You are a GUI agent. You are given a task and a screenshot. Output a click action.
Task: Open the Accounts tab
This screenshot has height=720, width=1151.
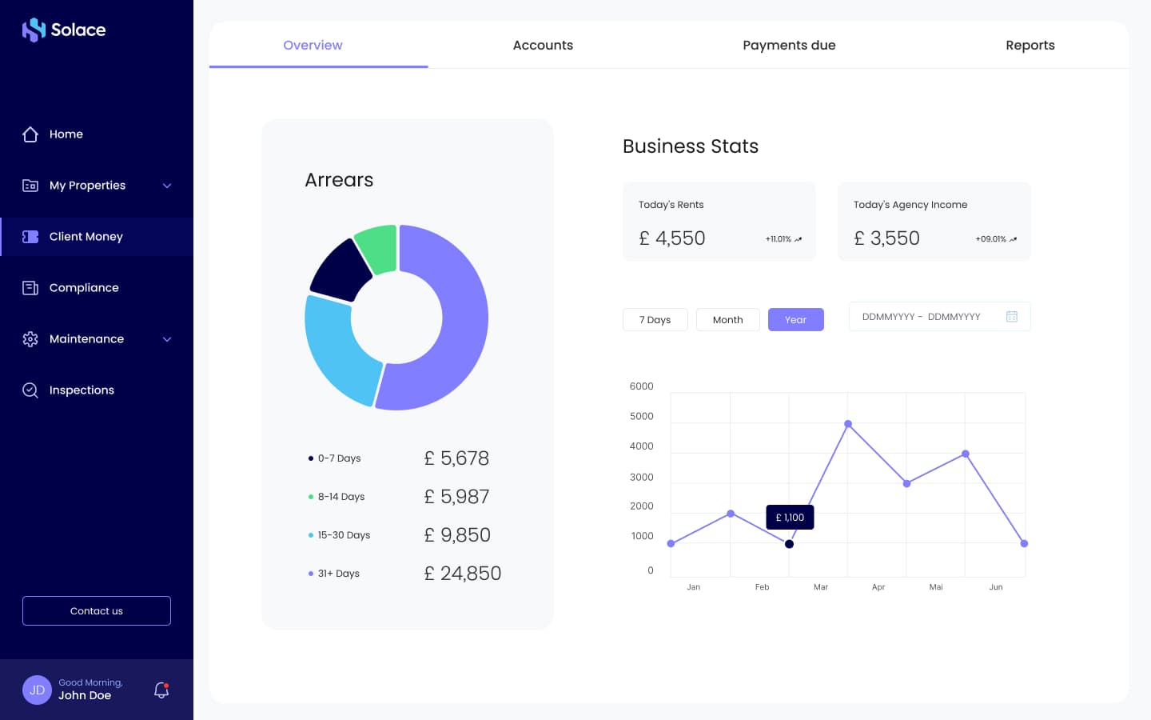tap(543, 46)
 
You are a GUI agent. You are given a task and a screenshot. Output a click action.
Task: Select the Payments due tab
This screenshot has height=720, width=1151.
tap(789, 46)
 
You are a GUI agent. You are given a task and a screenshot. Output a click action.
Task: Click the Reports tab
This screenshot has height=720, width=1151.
tap(1030, 46)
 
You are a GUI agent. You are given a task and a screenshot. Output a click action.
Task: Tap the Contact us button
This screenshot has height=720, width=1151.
tap(97, 610)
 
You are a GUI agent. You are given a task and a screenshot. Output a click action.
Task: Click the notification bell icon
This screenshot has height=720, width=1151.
tap(161, 690)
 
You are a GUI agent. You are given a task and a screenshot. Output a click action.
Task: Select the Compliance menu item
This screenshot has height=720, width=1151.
tap(84, 287)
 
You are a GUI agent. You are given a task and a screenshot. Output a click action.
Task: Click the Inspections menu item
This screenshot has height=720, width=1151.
tap(82, 390)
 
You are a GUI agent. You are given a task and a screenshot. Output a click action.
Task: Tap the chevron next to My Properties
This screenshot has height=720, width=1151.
tap(167, 186)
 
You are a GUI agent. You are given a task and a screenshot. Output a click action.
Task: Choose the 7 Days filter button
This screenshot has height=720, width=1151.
tap(655, 319)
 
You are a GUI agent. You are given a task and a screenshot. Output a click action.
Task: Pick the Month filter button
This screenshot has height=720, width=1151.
tap(727, 319)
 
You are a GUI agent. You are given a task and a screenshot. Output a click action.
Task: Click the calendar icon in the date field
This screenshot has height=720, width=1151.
tap(1011, 316)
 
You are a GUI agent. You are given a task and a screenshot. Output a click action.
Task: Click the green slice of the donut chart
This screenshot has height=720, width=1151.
tap(377, 249)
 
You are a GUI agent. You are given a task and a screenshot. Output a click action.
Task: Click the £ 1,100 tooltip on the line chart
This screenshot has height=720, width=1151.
tap(790, 517)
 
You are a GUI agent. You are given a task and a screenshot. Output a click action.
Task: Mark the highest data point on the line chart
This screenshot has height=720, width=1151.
tap(848, 424)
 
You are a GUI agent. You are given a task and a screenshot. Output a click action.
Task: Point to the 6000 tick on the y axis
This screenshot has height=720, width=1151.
tap(641, 386)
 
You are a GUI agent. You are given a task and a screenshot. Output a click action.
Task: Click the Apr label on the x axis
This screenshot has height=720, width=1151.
tap(878, 587)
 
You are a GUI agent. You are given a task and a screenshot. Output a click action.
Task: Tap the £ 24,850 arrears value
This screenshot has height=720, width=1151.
tap(463, 573)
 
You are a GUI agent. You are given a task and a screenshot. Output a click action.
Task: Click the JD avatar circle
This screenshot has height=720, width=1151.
tap(37, 690)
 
